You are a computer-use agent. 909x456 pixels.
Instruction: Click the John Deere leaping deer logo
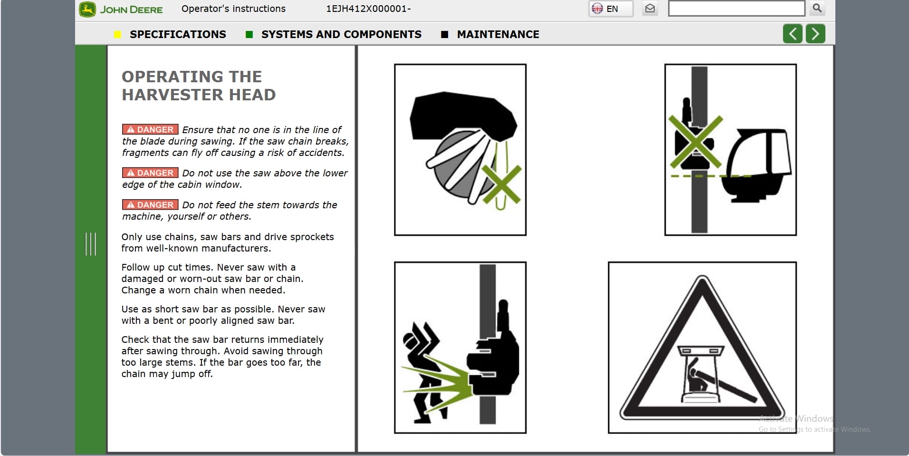pyautogui.click(x=87, y=10)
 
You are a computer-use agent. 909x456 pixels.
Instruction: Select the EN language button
pyautogui.click(x=611, y=9)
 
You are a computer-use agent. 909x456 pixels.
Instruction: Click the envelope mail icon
pyautogui.click(x=650, y=9)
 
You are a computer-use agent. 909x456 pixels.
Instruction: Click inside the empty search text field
pyautogui.click(x=736, y=9)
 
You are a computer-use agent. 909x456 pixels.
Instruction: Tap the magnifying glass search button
pyautogui.click(x=817, y=8)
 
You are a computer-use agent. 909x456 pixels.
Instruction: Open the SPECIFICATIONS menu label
pyautogui.click(x=178, y=34)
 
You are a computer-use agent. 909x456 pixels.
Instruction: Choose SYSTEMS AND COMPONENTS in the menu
pyautogui.click(x=341, y=34)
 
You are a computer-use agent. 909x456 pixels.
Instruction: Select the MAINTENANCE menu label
pyautogui.click(x=498, y=34)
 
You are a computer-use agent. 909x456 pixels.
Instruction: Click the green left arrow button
pyautogui.click(x=793, y=34)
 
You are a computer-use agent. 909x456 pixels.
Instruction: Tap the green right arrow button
pyautogui.click(x=815, y=34)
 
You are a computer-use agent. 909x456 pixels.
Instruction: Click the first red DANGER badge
pyautogui.click(x=150, y=129)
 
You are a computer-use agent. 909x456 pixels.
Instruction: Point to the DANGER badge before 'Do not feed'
pyautogui.click(x=150, y=204)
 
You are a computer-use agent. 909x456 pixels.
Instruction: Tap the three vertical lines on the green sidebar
pyautogui.click(x=90, y=244)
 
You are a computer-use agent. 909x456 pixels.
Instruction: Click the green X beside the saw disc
pyautogui.click(x=502, y=184)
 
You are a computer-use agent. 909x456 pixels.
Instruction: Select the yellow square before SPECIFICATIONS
pyautogui.click(x=118, y=34)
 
